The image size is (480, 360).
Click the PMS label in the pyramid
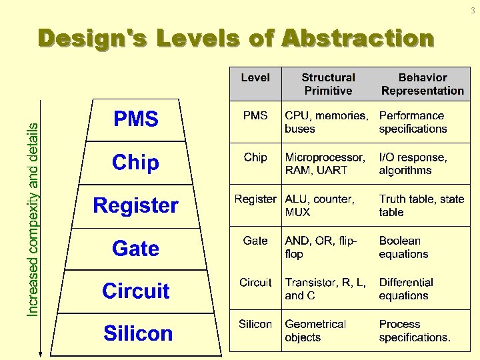[136, 119]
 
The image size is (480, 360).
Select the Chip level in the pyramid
[136, 162]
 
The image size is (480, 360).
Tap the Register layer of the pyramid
[136, 205]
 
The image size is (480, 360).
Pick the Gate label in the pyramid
[136, 249]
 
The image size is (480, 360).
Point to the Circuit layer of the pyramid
[136, 291]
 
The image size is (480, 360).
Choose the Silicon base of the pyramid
[138, 333]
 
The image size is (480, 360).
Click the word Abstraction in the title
[358, 39]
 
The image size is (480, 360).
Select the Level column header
[255, 78]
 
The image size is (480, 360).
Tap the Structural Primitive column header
[328, 84]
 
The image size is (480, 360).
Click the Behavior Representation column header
[423, 84]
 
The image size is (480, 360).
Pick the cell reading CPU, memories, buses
[326, 122]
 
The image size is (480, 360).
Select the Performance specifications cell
[413, 122]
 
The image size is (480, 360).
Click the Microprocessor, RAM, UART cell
[325, 164]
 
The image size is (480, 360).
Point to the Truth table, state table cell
[421, 205]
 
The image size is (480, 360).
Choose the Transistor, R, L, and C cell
[325, 289]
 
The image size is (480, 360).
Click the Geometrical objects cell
[315, 331]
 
